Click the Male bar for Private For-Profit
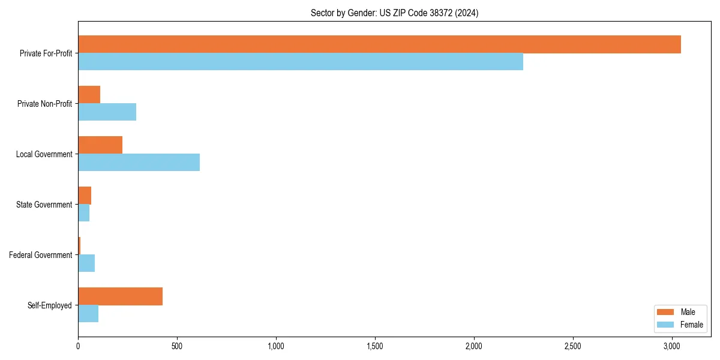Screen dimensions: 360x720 click(x=379, y=44)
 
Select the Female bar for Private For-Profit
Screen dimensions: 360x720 click(x=301, y=62)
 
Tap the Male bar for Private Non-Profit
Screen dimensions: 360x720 click(x=89, y=95)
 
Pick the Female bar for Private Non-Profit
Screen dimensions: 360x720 click(x=107, y=112)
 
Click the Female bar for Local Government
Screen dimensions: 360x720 click(x=139, y=163)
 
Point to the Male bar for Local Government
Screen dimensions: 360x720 click(x=100, y=145)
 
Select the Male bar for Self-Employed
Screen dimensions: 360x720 click(x=121, y=296)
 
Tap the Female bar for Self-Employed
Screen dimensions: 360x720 click(x=88, y=314)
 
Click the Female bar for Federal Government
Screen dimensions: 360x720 click(x=86, y=263)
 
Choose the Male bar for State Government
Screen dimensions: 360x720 click(x=85, y=196)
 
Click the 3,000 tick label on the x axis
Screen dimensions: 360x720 click(x=672, y=346)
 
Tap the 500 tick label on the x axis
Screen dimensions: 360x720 click(x=177, y=346)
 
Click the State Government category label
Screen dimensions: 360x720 click(x=44, y=205)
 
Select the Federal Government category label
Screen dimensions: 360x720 click(x=41, y=255)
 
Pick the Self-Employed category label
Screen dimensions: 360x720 click(x=50, y=305)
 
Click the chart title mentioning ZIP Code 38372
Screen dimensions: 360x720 click(x=394, y=13)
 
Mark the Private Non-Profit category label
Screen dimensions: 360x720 click(x=44, y=104)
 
